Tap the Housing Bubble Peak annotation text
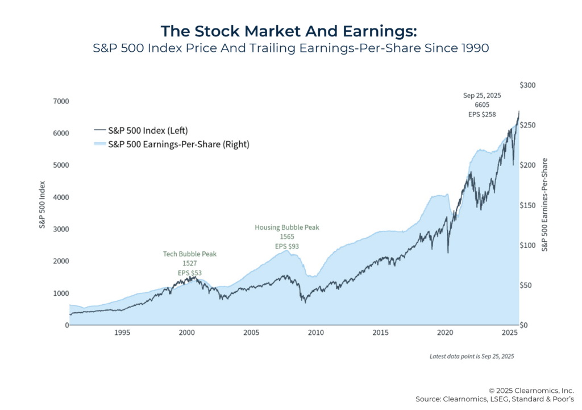point(286,227)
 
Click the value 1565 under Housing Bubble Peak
point(286,237)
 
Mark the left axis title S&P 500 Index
point(42,205)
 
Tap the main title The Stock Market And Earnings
point(290,31)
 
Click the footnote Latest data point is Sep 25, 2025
point(472,356)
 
